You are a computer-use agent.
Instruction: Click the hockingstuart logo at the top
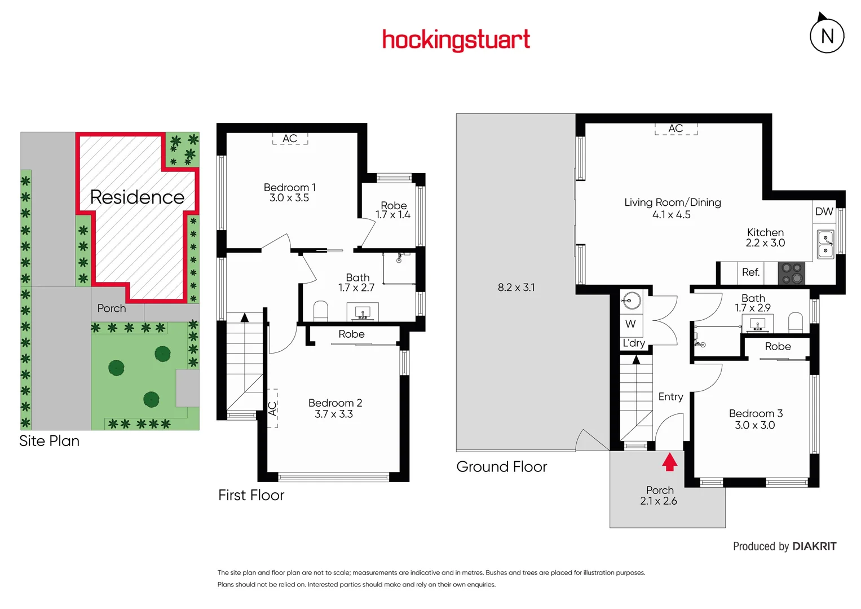tap(456, 40)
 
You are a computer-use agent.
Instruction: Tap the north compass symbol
tap(827, 36)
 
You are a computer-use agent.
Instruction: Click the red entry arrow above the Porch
tap(669, 462)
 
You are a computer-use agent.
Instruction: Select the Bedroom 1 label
tap(289, 187)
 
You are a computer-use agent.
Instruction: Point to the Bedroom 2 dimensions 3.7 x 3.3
tap(334, 414)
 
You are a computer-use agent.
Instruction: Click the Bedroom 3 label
tap(756, 413)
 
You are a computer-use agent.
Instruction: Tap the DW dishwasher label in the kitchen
tap(824, 211)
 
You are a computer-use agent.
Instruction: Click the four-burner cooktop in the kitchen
tap(791, 273)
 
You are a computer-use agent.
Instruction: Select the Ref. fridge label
tap(750, 272)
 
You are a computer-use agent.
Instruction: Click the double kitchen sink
tap(825, 244)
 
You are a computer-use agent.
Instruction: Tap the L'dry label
tap(634, 343)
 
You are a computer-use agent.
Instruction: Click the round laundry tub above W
tap(632, 301)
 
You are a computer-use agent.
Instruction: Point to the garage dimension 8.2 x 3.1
tap(516, 287)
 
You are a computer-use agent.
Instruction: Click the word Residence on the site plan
tap(137, 197)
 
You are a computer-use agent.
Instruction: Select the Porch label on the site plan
tap(112, 308)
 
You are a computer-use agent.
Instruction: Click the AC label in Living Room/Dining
tap(675, 129)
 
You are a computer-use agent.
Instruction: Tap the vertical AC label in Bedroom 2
tap(272, 408)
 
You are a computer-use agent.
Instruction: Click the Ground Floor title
tap(501, 467)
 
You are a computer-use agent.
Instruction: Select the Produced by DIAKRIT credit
tap(784, 546)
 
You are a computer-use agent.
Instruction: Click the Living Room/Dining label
tap(672, 202)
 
